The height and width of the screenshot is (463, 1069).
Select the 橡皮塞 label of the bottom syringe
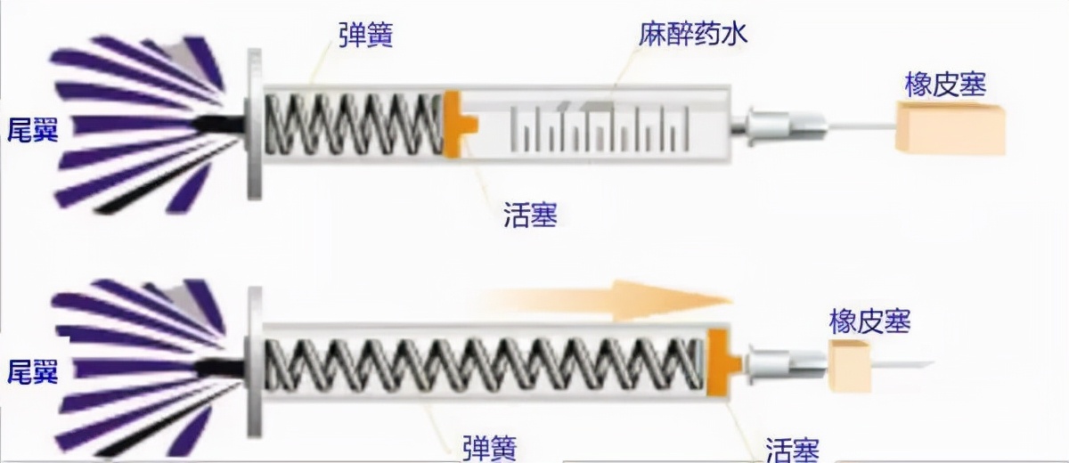(x=869, y=321)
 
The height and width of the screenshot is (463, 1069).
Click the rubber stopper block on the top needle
(x=951, y=130)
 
